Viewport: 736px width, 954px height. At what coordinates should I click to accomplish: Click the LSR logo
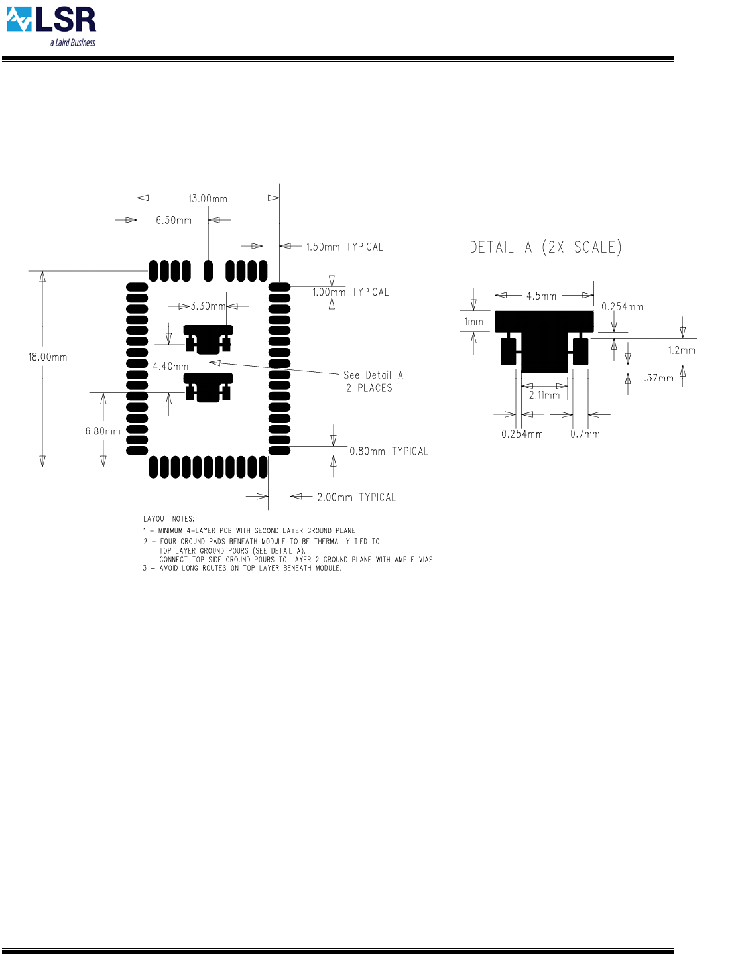51,27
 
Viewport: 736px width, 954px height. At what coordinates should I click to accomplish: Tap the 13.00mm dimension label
208,199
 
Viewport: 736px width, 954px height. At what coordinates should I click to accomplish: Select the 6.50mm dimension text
174,220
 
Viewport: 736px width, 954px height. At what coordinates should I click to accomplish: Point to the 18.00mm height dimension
48,357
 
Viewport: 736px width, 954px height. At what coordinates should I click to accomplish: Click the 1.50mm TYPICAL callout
345,247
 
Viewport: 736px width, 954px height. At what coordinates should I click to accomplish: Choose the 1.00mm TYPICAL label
351,292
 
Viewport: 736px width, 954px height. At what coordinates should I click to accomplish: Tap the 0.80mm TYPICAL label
389,451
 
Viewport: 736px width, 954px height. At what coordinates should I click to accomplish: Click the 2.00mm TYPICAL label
356,497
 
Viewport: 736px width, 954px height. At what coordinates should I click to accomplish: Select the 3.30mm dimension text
208,306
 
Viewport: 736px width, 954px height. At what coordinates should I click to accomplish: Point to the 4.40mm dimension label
170,366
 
